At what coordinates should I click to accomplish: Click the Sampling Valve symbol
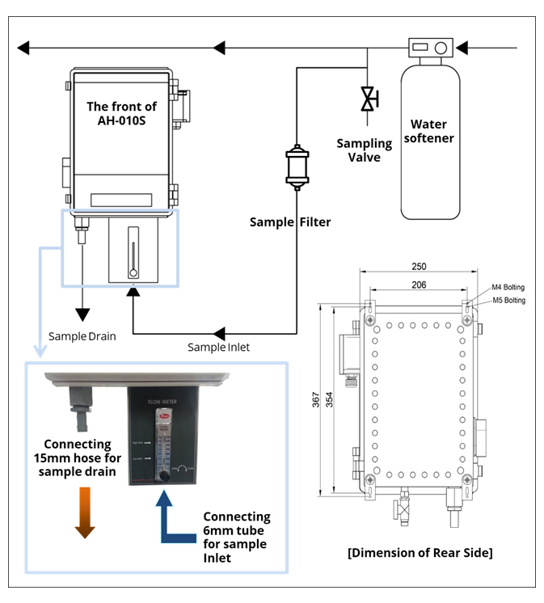pyautogui.click(x=369, y=100)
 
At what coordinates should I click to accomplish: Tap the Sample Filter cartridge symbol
pyautogui.click(x=297, y=167)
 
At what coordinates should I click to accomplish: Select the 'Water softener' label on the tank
pyautogui.click(x=432, y=131)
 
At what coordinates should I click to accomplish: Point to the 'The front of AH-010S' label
pyautogui.click(x=121, y=114)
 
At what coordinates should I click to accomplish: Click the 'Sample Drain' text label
pyautogui.click(x=82, y=336)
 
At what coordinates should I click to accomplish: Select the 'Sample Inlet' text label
pyautogui.click(x=218, y=348)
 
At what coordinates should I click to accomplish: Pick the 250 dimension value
pyautogui.click(x=418, y=267)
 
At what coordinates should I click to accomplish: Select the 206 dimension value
pyautogui.click(x=418, y=285)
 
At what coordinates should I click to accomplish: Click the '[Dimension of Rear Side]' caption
pyautogui.click(x=420, y=553)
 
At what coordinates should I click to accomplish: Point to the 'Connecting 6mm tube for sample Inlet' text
pyautogui.click(x=236, y=537)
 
